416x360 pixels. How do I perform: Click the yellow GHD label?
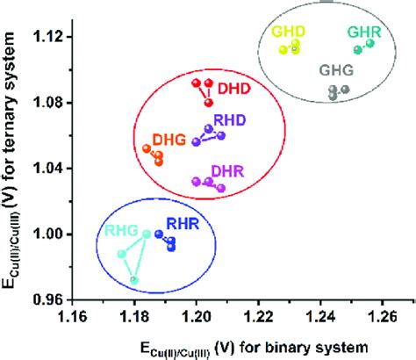pyautogui.click(x=288, y=32)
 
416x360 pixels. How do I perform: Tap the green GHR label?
pyautogui.click(x=363, y=32)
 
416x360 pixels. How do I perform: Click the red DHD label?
pyautogui.click(x=233, y=88)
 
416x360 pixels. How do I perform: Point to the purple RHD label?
pyautogui.click(x=230, y=120)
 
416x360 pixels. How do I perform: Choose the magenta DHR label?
pyautogui.click(x=228, y=169)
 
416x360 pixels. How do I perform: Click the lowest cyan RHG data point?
pyautogui.click(x=134, y=280)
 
